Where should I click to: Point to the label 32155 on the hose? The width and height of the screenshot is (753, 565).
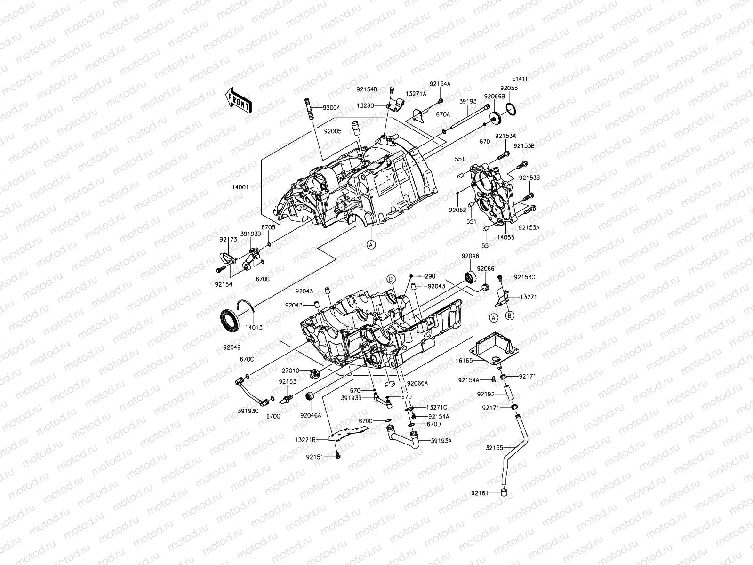click(494, 448)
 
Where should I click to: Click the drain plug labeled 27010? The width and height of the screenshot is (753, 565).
click(313, 374)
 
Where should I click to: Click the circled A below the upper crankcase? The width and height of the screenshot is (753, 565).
click(371, 244)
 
